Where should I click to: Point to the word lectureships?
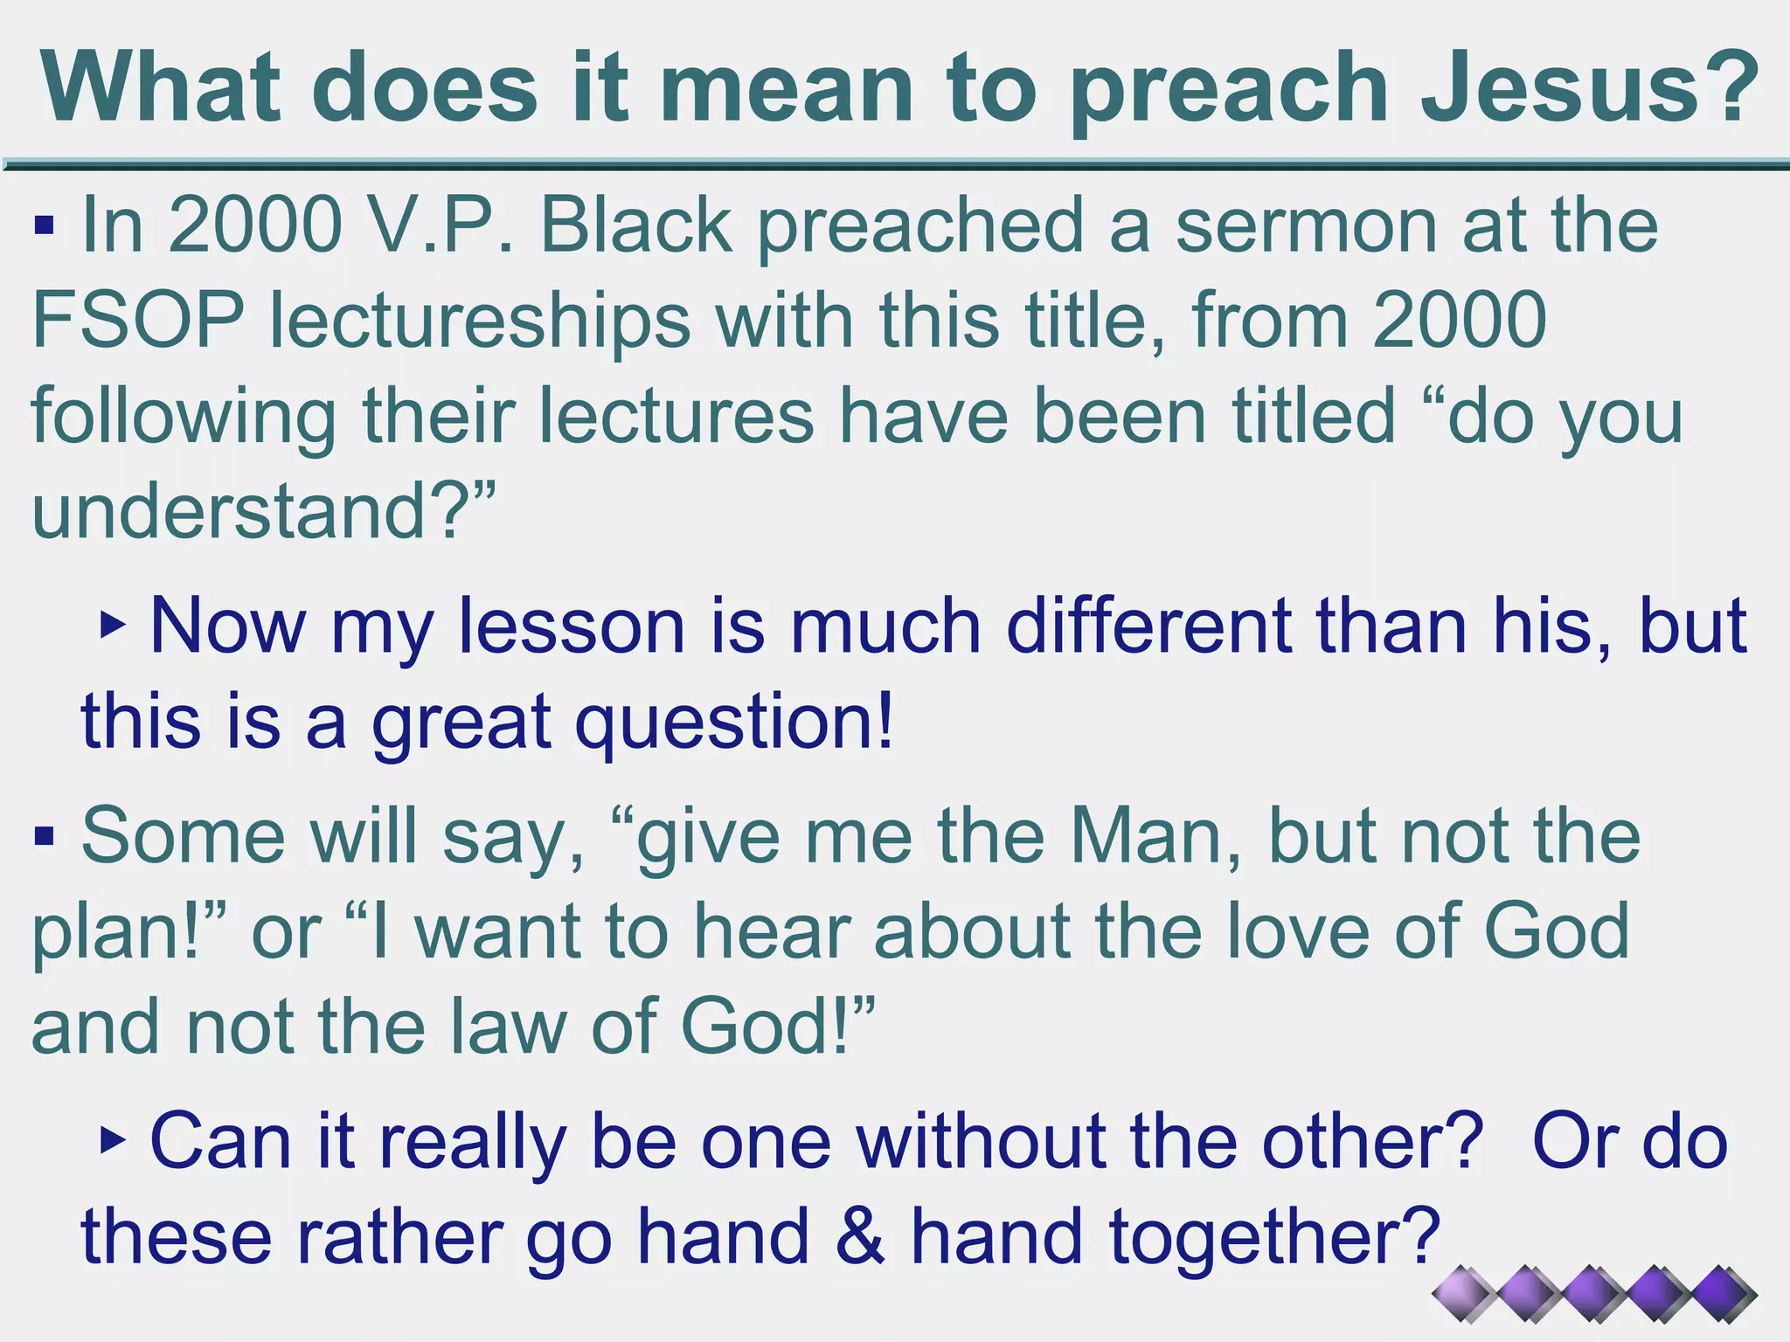point(479,322)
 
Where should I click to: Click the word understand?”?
point(262,511)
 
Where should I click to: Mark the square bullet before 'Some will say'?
point(45,838)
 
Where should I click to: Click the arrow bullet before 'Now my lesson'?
point(114,625)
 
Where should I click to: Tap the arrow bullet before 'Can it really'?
point(114,1140)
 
